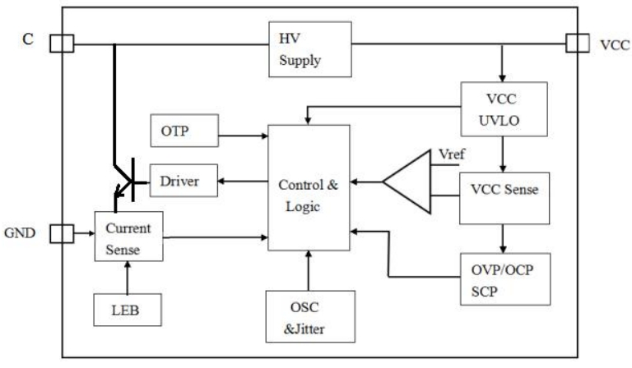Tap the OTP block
tap(183, 131)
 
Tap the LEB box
tap(127, 310)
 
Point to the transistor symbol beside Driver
tap(125, 181)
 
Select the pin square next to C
tap(61, 44)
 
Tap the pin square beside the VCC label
tap(577, 44)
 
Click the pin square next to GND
tap(61, 234)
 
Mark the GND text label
tap(21, 233)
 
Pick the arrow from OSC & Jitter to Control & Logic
tap(307, 271)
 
